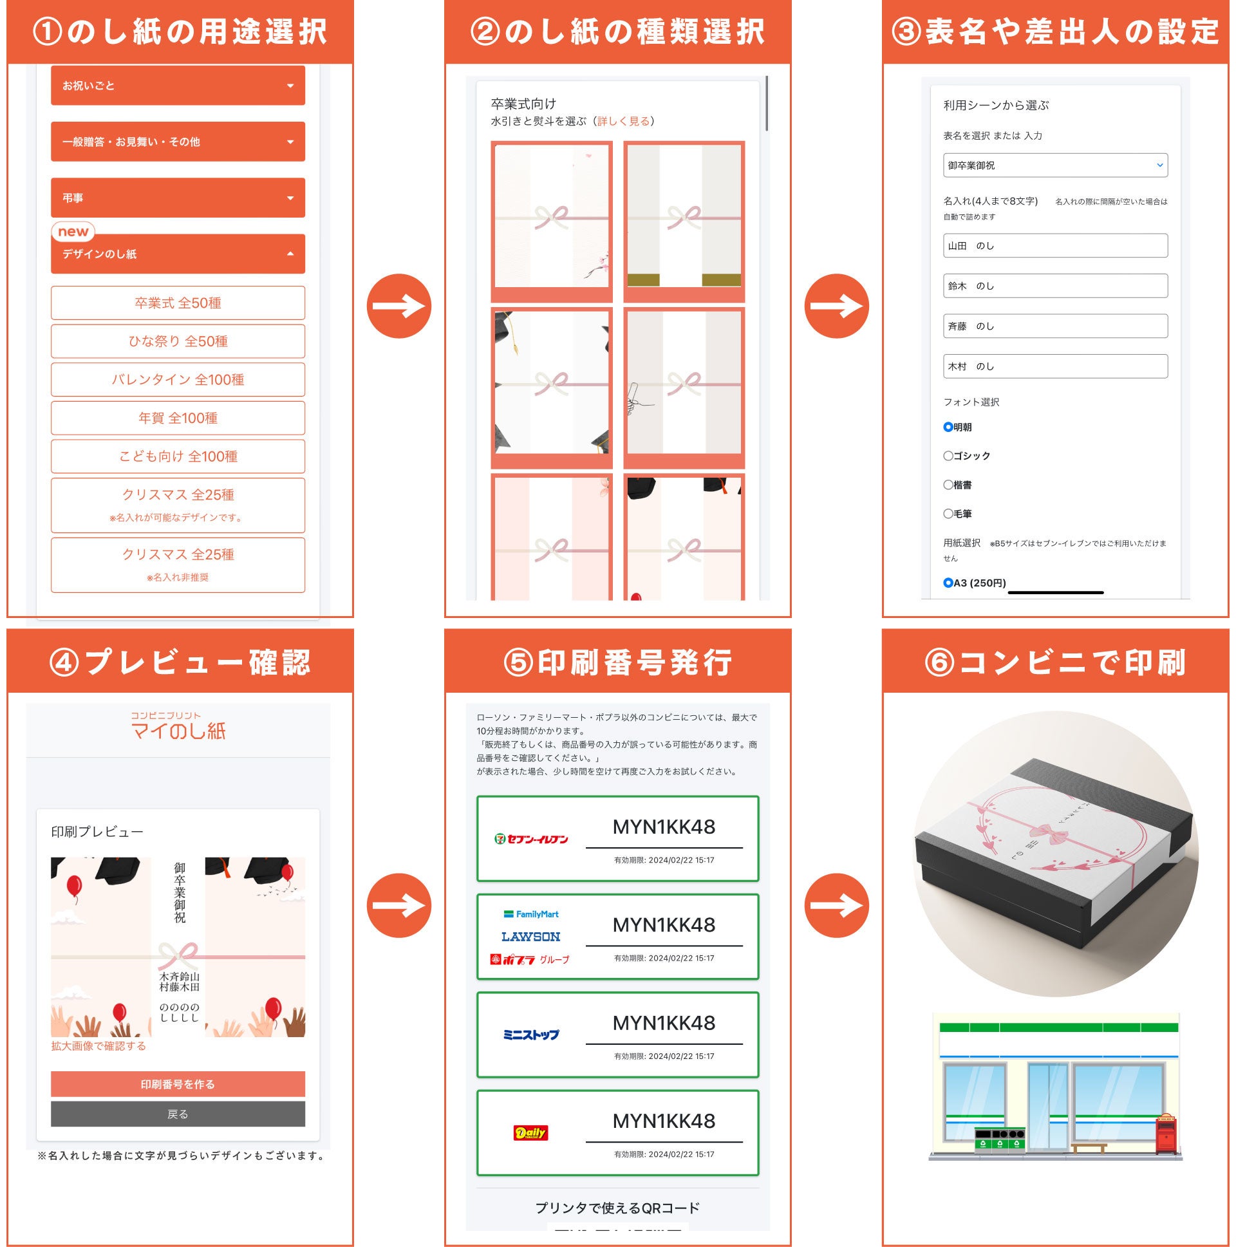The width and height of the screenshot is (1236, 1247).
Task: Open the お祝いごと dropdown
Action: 178,85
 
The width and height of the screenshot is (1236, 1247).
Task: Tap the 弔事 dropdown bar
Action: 178,198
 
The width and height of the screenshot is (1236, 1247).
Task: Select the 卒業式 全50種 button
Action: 178,303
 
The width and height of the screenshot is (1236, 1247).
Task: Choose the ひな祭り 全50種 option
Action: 178,341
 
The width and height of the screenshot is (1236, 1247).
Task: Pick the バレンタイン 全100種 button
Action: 178,380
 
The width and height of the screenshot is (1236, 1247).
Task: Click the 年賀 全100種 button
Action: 178,418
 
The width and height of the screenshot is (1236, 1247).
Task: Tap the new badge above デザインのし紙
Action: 73,231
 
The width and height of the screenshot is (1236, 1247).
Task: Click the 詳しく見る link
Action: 623,120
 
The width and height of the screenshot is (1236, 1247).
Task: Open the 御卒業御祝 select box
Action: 1055,165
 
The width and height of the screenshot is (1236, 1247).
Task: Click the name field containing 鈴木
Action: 1055,286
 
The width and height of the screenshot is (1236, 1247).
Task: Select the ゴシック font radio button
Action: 948,456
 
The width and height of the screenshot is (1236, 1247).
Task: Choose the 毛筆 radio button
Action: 948,514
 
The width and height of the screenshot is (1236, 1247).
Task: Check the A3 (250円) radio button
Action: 948,583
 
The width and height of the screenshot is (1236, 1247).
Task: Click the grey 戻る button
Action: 178,1114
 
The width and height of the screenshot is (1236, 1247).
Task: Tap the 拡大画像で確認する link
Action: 98,1045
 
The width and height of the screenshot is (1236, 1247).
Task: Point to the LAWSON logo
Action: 530,937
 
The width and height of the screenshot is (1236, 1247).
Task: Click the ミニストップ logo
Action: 530,1035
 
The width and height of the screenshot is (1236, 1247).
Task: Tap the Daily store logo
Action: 530,1133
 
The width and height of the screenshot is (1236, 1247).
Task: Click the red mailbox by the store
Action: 1166,1135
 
